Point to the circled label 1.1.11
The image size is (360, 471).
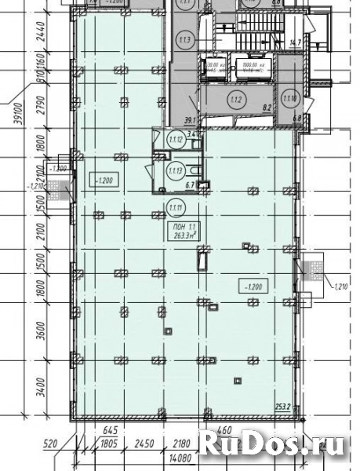point(176,209)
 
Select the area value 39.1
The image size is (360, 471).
point(190,120)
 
